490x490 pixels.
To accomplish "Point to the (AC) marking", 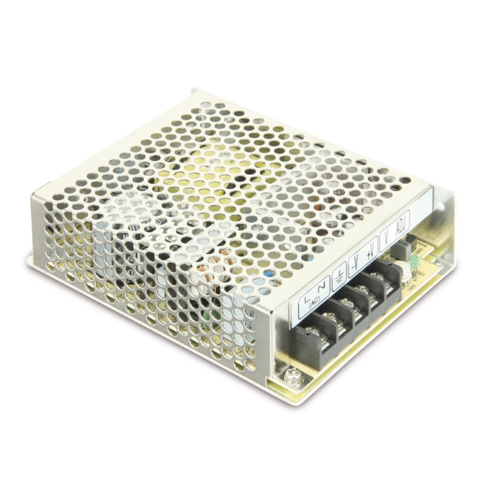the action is click(x=314, y=303).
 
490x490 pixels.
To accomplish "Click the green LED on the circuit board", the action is click(x=415, y=260).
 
